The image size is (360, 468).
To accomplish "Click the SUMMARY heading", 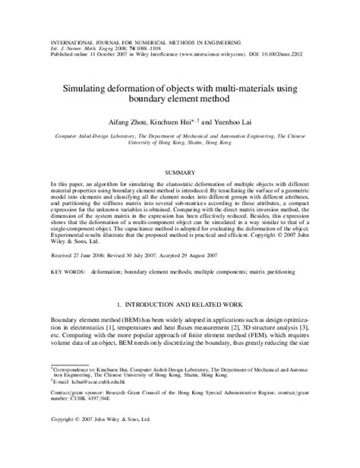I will (x=179, y=172).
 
